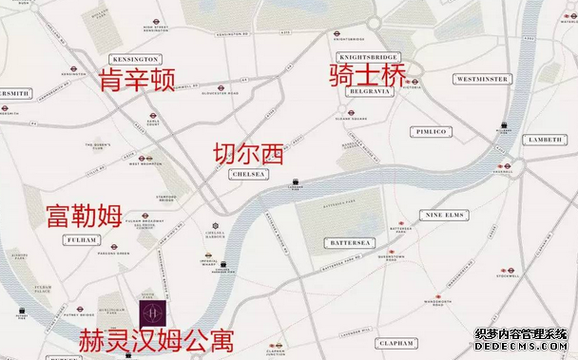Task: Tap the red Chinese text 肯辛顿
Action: click(137, 81)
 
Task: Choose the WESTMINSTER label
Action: click(482, 79)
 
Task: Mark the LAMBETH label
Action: click(545, 140)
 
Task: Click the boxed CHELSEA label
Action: click(248, 175)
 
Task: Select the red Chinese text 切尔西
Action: click(249, 154)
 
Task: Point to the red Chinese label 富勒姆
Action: click(84, 217)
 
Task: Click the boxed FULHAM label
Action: click(84, 241)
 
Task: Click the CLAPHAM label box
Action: click(395, 343)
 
